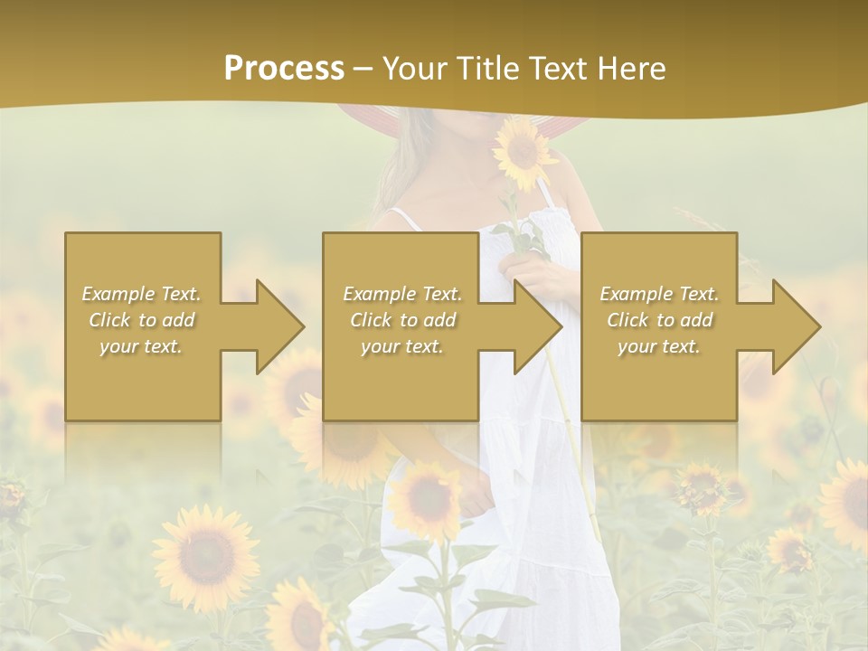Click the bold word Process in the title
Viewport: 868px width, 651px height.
pyautogui.click(x=284, y=69)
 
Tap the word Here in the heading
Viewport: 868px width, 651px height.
pyautogui.click(x=632, y=69)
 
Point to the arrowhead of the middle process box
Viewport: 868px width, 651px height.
pyautogui.click(x=536, y=326)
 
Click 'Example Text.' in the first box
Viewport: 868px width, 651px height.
pyautogui.click(x=142, y=294)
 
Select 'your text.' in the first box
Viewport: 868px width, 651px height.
pyautogui.click(x=142, y=346)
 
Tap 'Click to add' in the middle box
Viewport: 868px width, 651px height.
pyautogui.click(x=402, y=320)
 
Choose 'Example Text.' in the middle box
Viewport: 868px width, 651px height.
pyautogui.click(x=402, y=294)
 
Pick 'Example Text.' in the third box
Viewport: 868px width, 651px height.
pyautogui.click(x=659, y=294)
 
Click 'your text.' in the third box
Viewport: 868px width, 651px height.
pyautogui.click(x=659, y=346)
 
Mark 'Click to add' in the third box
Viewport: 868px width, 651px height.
pyautogui.click(x=659, y=320)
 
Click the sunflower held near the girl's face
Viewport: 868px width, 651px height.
pyautogui.click(x=524, y=151)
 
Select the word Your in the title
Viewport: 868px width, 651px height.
pyautogui.click(x=413, y=69)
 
